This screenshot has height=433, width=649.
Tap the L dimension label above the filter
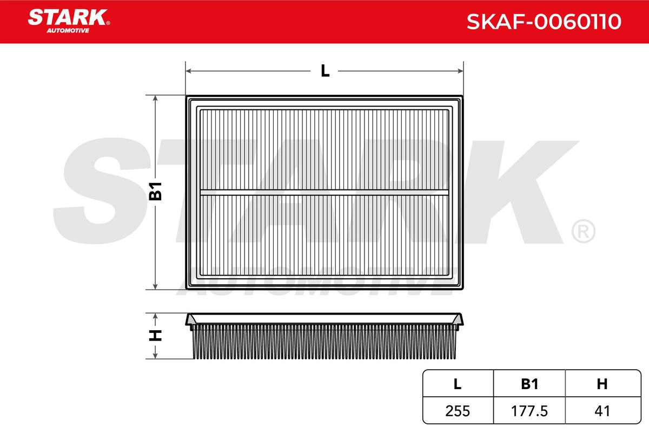click(x=325, y=71)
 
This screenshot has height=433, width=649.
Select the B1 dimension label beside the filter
click(x=156, y=192)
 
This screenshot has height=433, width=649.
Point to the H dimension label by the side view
click(x=156, y=336)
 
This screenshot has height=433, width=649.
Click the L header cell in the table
click(x=458, y=384)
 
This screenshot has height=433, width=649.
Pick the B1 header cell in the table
click(x=529, y=384)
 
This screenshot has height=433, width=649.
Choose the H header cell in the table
click(x=602, y=384)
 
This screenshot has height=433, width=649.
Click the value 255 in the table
click(x=458, y=411)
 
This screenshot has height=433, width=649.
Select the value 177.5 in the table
click(x=529, y=411)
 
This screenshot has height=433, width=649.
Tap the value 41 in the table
click(x=602, y=411)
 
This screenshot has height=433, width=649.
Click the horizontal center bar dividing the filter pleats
click(x=325, y=192)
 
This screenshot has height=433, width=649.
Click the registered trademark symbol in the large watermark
click(x=583, y=232)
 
